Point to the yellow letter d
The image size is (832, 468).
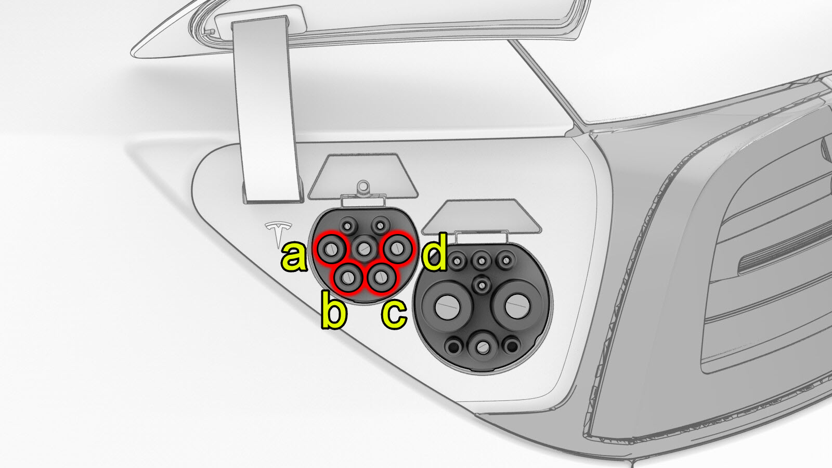(x=434, y=252)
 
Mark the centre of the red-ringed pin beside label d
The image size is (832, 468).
(x=397, y=248)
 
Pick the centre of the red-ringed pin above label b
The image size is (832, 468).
(x=348, y=278)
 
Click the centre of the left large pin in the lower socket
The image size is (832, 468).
(x=447, y=306)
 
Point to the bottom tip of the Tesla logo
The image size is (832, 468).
(x=279, y=248)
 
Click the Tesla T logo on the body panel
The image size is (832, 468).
(x=279, y=235)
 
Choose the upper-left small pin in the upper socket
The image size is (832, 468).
(x=348, y=225)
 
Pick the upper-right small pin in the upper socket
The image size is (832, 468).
(x=380, y=224)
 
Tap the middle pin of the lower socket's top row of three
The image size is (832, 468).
(x=482, y=261)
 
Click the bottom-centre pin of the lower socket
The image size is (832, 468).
(x=483, y=348)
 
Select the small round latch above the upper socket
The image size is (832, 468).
(x=363, y=186)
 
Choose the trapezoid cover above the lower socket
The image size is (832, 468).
(x=482, y=217)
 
